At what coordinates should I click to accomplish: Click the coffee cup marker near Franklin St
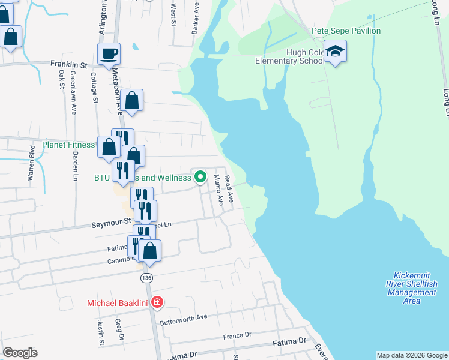109,54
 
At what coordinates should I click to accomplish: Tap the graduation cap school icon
336,51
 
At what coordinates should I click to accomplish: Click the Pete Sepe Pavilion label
346,31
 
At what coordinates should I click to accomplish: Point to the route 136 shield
146,278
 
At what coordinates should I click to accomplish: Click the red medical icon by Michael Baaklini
157,302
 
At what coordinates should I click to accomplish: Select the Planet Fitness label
68,145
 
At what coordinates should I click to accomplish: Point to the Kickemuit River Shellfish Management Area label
412,287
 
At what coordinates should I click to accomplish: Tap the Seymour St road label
111,222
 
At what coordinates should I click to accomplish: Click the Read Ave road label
228,184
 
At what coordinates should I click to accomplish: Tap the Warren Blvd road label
31,169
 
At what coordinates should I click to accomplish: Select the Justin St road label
101,332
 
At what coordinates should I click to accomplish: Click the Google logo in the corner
20,353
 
